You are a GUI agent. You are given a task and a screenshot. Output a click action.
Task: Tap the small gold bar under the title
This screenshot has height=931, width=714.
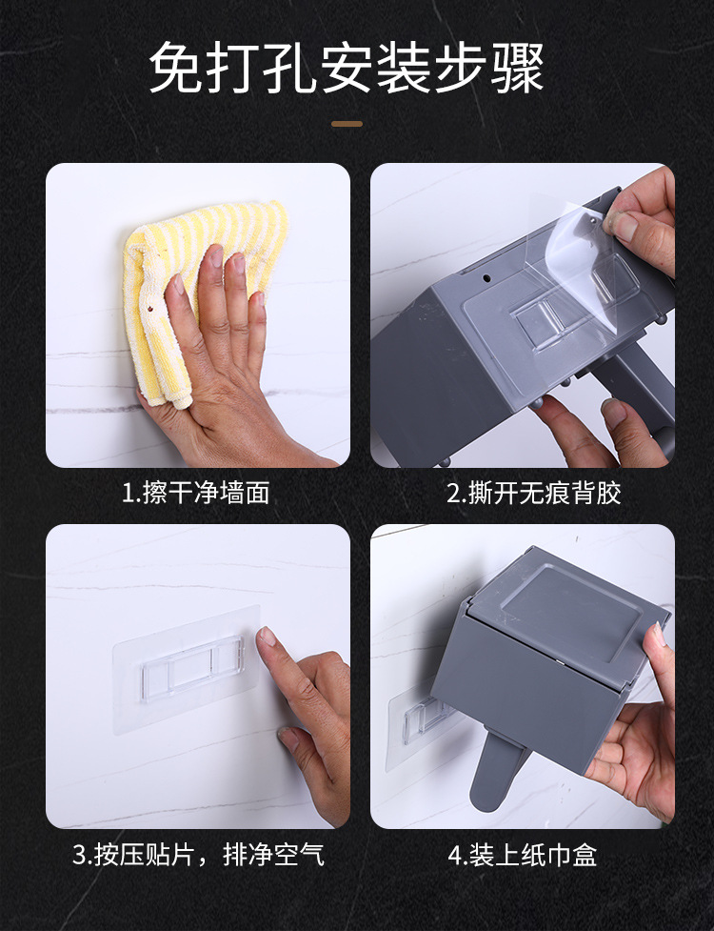[x=347, y=124]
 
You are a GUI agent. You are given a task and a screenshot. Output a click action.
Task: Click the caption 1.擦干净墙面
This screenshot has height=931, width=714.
[x=196, y=494]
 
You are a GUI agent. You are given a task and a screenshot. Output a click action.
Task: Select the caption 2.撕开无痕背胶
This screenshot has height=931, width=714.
[x=534, y=494]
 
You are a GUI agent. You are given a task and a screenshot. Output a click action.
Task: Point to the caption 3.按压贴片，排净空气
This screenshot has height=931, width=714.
[x=198, y=855]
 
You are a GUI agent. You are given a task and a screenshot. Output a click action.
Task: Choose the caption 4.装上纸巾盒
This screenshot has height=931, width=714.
[x=522, y=855]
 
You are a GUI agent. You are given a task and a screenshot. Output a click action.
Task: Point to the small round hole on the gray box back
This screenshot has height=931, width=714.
[x=486, y=277]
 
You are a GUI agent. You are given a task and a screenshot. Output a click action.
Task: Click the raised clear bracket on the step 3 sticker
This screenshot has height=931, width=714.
[x=191, y=669]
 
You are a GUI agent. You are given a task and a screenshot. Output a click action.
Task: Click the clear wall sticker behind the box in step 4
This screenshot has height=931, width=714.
[x=415, y=724]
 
